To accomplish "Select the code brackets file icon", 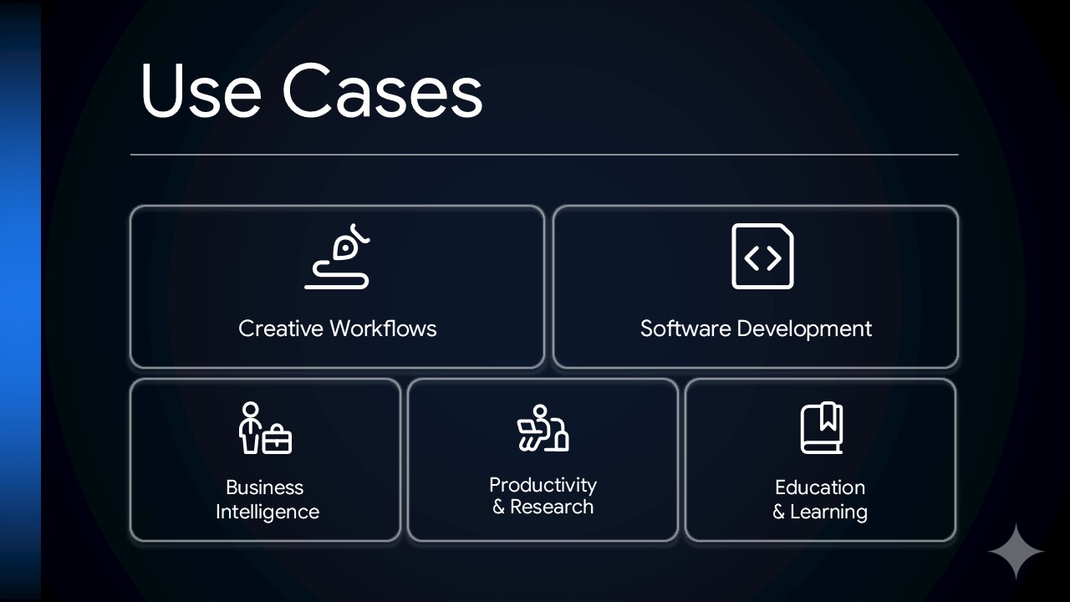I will pyautogui.click(x=762, y=257).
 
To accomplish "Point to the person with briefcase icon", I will pyautogui.click(x=265, y=428).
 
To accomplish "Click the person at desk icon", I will pyautogui.click(x=543, y=428).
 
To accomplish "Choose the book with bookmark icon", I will pyautogui.click(x=821, y=428).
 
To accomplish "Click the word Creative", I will pyautogui.click(x=280, y=329).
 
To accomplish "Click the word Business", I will pyautogui.click(x=264, y=487).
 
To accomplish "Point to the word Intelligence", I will pyautogui.click(x=267, y=512).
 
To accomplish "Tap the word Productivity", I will pyautogui.click(x=543, y=485).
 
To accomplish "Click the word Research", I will pyautogui.click(x=552, y=507).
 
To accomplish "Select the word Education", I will pyautogui.click(x=820, y=487).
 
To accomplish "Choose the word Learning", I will pyautogui.click(x=828, y=512).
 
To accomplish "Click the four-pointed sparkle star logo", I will pyautogui.click(x=1016, y=552).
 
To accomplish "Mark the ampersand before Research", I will pyautogui.click(x=498, y=507).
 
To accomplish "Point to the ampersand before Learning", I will pyautogui.click(x=778, y=512).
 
